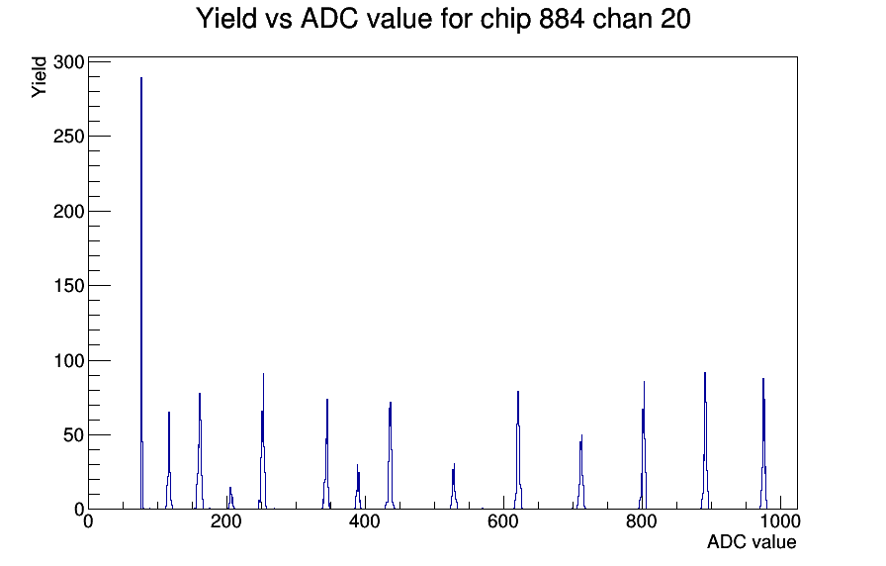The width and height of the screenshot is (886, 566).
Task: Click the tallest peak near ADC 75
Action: point(141,293)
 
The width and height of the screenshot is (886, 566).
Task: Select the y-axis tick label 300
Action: point(69,61)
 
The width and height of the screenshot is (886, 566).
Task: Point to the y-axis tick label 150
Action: point(69,286)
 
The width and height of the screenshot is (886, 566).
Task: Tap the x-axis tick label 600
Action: point(503,521)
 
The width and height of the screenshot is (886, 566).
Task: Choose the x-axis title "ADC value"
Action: point(752,541)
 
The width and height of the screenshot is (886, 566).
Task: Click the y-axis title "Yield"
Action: point(39,77)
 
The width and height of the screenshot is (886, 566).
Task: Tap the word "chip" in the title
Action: point(505,20)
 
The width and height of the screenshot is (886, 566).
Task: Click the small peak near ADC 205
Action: point(230,498)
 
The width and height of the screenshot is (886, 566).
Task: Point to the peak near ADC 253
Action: point(263,441)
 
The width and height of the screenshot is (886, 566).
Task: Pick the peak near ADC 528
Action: point(454,486)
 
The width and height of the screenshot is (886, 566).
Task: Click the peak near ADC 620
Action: point(518,450)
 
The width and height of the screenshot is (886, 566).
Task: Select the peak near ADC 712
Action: point(580,472)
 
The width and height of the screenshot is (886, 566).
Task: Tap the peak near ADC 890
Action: point(705,440)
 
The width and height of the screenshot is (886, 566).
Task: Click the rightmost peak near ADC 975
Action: point(763,444)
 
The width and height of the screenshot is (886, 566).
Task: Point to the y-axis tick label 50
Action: point(74,434)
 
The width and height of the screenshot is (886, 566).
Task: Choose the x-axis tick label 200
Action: point(226,521)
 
